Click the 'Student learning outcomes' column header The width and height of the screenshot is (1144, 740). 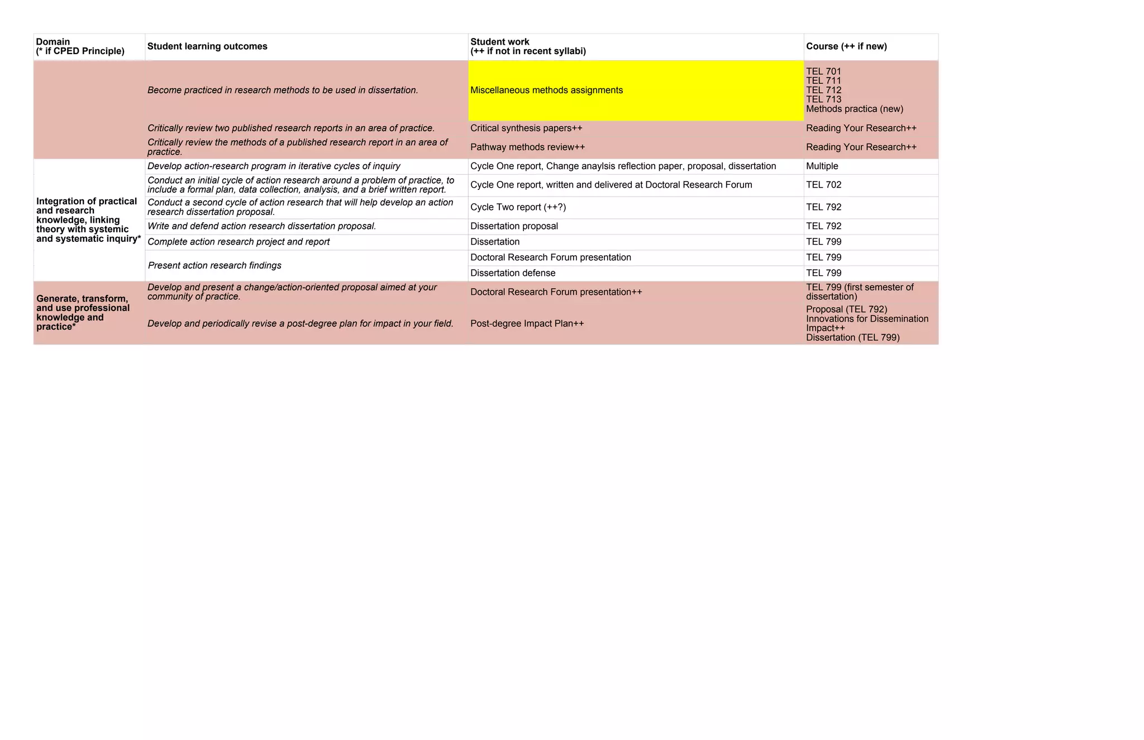[x=207, y=46]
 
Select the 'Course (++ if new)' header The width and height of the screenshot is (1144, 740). [x=846, y=46]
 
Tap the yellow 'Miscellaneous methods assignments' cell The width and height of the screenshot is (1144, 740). [x=546, y=90]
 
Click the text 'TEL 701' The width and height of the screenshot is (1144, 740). [x=823, y=71]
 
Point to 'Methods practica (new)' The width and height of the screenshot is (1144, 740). [x=854, y=109]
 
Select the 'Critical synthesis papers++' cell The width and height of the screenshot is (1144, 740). [x=526, y=128]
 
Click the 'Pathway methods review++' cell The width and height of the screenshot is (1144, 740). [x=527, y=147]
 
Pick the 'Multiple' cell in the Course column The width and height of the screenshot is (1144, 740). [x=822, y=166]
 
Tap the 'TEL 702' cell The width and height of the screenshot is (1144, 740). [x=823, y=185]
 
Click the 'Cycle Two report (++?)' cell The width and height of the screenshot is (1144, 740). [x=518, y=207]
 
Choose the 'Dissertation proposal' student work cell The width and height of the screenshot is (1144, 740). [x=514, y=226]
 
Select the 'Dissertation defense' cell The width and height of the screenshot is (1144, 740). [x=513, y=273]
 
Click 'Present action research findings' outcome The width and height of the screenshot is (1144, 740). [x=214, y=265]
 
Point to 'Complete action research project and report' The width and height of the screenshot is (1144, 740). [x=239, y=242]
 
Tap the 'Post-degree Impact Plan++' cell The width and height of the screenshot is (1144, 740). [x=527, y=323]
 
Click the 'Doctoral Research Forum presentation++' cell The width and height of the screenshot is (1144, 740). [x=556, y=292]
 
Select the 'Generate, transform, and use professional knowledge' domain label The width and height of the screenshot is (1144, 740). [x=83, y=313]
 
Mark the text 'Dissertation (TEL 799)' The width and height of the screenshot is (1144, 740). [x=852, y=337]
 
